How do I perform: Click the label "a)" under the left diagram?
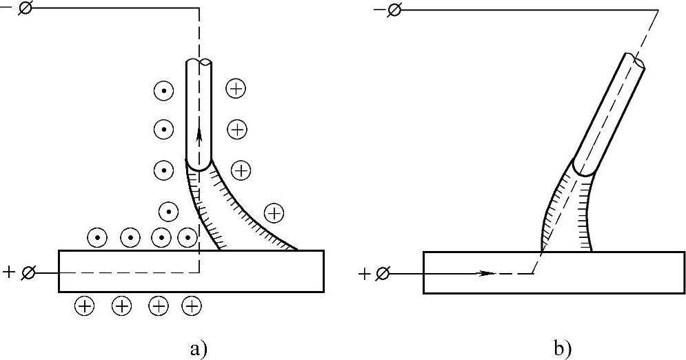click(x=197, y=348)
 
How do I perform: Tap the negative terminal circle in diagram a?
click(x=27, y=10)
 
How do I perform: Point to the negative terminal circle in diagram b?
click(x=394, y=10)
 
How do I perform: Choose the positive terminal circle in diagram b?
click(x=383, y=274)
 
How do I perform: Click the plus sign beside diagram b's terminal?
click(x=365, y=274)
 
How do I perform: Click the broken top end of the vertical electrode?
click(x=200, y=63)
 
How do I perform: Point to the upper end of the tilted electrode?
click(x=636, y=61)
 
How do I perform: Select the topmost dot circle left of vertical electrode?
click(x=163, y=90)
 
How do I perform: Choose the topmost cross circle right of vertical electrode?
click(x=236, y=88)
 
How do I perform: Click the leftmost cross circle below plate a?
click(x=84, y=306)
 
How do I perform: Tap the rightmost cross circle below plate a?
click(x=191, y=306)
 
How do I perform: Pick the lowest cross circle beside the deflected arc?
click(x=274, y=213)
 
